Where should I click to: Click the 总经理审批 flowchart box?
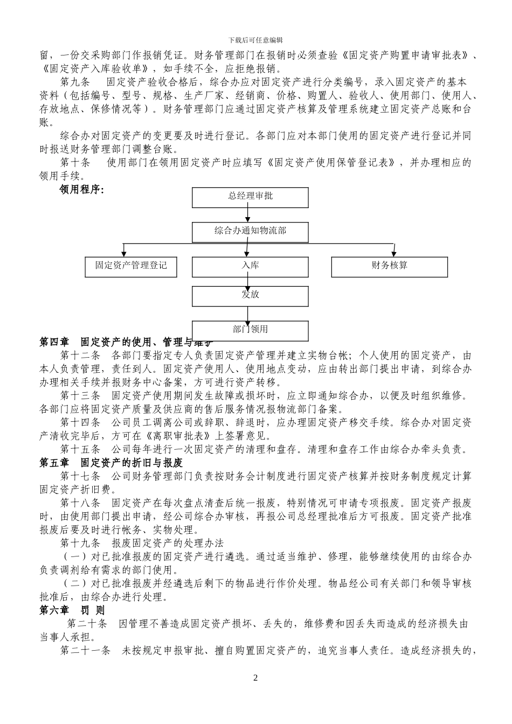click(x=250, y=197)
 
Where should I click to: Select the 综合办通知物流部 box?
click(x=250, y=232)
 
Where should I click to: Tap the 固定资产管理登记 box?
click(x=131, y=267)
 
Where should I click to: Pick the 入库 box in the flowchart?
click(x=250, y=267)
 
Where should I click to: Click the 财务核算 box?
click(x=389, y=267)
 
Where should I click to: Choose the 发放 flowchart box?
click(x=250, y=296)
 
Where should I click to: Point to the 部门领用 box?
click(x=250, y=330)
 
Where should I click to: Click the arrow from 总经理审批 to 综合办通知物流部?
click(x=248, y=215)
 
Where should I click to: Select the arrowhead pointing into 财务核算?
click(x=394, y=253)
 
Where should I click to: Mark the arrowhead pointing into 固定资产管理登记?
click(x=124, y=253)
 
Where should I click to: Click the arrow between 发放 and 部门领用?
click(x=248, y=314)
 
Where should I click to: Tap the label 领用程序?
click(x=81, y=189)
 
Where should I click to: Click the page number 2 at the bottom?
click(x=255, y=678)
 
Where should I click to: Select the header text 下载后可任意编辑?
click(x=255, y=40)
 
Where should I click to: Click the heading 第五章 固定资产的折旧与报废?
click(x=112, y=463)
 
